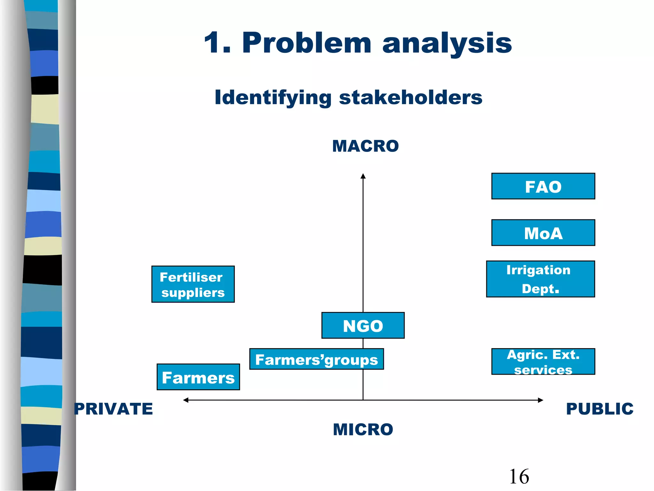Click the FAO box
point(543,186)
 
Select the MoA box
point(543,233)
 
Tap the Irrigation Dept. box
point(540,279)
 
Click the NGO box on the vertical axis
point(363,325)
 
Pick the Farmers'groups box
point(316,359)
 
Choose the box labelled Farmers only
point(198,377)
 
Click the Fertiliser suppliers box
point(193,284)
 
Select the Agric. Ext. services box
point(543,362)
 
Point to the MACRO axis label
point(365,146)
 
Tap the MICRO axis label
point(363,429)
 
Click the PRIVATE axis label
point(113,409)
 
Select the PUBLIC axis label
point(599,409)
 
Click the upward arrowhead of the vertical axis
point(363,176)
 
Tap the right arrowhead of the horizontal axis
point(540,400)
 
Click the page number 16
point(519,476)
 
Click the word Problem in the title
point(307,43)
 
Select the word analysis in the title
point(447,43)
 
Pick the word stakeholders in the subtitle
point(410,97)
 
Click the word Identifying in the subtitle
point(273,97)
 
